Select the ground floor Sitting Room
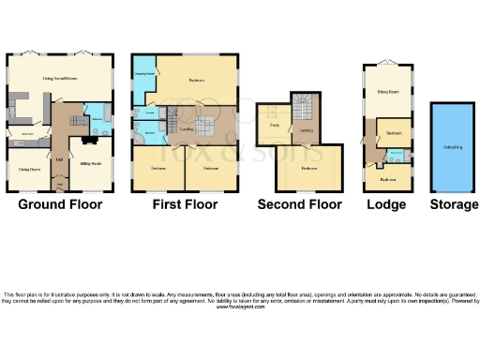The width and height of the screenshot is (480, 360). click(90, 163)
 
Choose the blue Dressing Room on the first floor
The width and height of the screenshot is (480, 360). click(144, 82)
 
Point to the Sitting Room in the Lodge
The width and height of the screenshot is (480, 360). click(385, 94)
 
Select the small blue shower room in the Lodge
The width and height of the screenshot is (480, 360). click(397, 153)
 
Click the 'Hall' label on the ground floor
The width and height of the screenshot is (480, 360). click(58, 159)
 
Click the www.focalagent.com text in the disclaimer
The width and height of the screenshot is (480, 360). click(240, 307)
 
